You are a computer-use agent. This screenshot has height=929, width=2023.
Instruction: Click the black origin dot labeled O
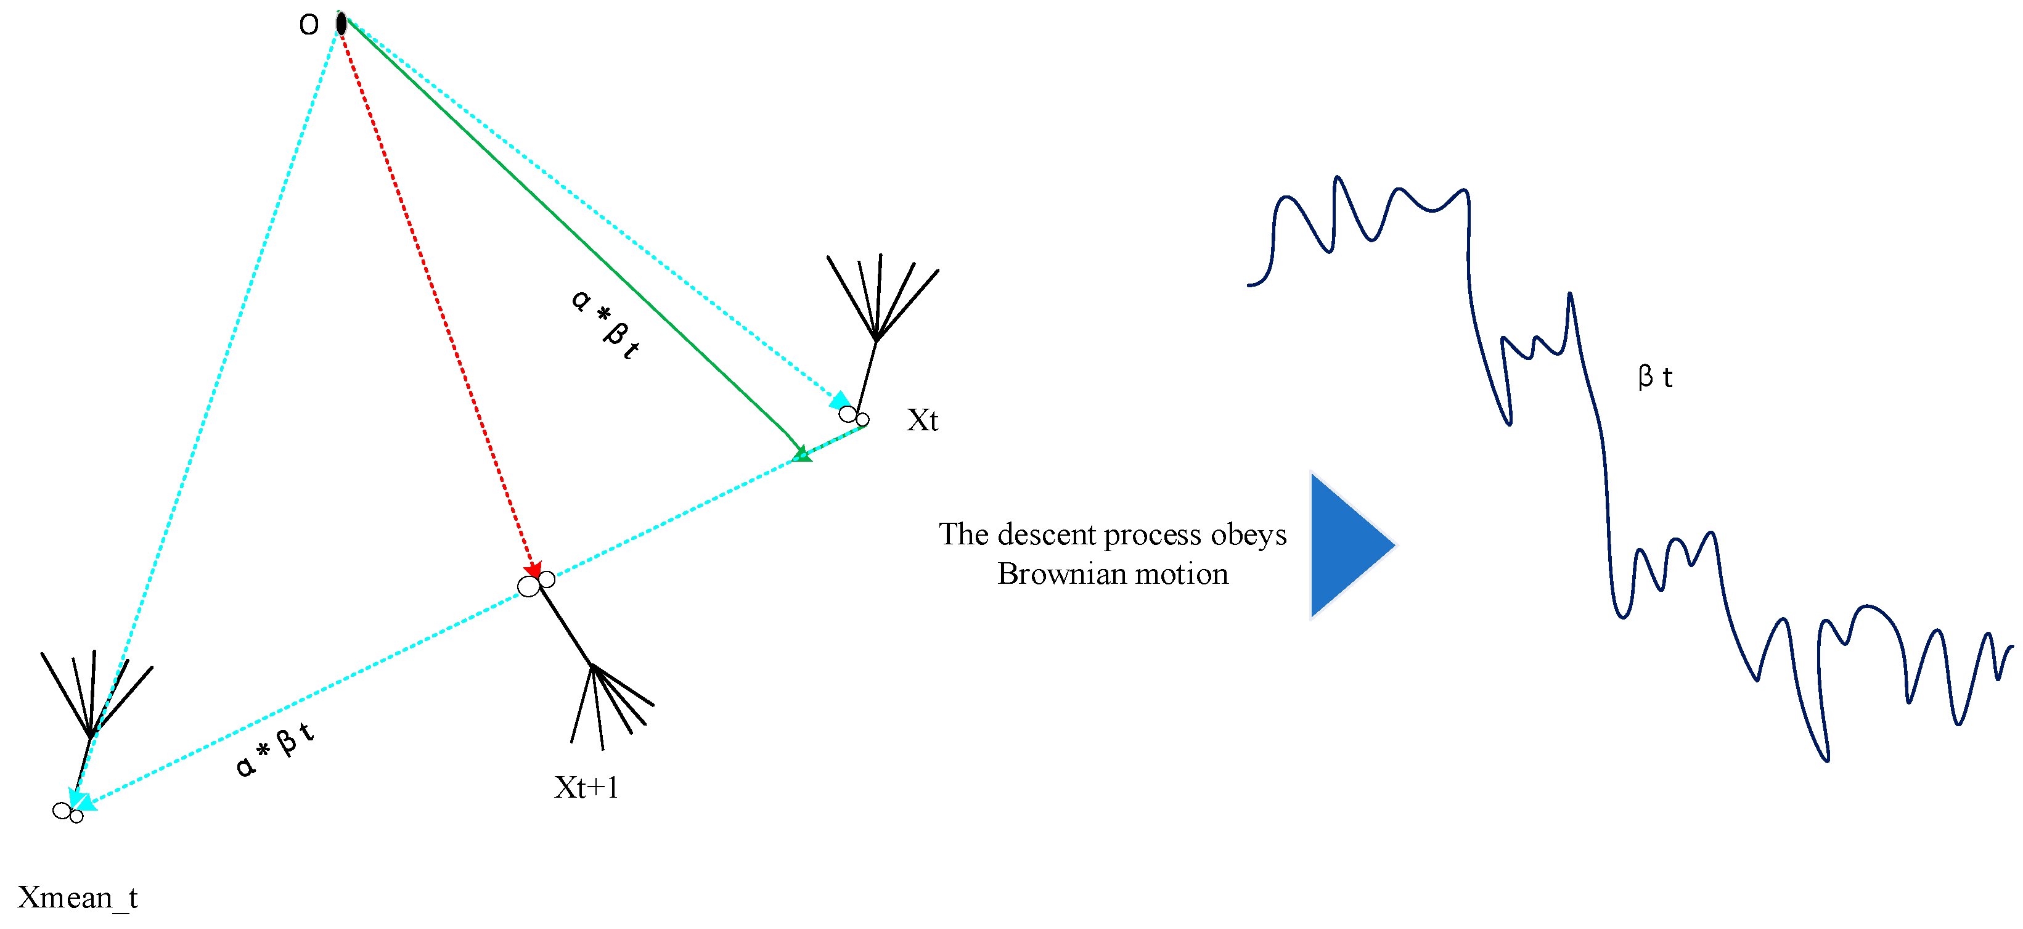pyautogui.click(x=341, y=23)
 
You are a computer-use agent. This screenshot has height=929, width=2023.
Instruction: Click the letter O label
pyautogui.click(x=309, y=25)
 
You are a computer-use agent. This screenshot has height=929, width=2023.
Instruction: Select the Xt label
pyautogui.click(x=922, y=420)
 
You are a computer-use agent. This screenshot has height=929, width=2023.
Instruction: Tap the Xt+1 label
pyautogui.click(x=586, y=787)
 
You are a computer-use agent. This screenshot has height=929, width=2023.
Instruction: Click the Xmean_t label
pyautogui.click(x=77, y=897)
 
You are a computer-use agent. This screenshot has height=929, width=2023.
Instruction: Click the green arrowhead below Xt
pyautogui.click(x=801, y=454)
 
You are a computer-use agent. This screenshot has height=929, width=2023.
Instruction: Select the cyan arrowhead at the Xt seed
pyautogui.click(x=840, y=401)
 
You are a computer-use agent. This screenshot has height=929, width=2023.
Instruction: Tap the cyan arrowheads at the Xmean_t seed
pyautogui.click(x=80, y=801)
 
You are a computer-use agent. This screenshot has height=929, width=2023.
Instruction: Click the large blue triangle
pyautogui.click(x=1347, y=545)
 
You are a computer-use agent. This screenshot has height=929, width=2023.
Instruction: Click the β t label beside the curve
pyautogui.click(x=1654, y=377)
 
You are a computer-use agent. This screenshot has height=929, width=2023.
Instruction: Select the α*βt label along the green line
pyautogui.click(x=605, y=324)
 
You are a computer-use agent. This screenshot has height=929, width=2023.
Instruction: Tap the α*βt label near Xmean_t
pyautogui.click(x=275, y=750)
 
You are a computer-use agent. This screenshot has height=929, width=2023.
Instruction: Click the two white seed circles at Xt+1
pyautogui.click(x=536, y=583)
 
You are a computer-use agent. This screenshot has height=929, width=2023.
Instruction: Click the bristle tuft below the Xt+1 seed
pyautogui.click(x=608, y=703)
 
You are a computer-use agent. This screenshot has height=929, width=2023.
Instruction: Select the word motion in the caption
pyautogui.click(x=1183, y=574)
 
